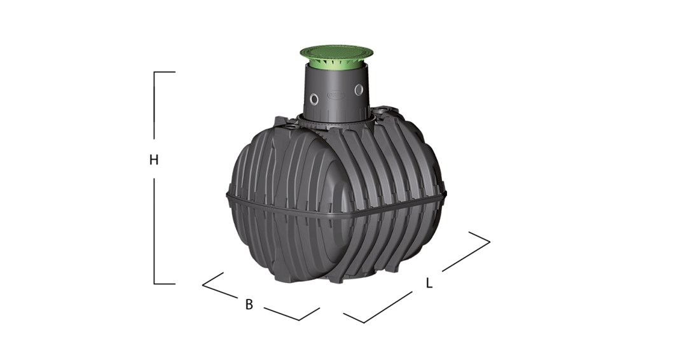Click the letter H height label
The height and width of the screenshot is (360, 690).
[x=153, y=160]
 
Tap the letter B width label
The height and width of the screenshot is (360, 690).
[x=249, y=304]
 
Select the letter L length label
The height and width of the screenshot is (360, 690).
[x=429, y=283]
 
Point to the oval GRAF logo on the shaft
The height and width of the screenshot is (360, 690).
[x=335, y=95]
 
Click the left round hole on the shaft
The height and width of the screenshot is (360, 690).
[x=314, y=99]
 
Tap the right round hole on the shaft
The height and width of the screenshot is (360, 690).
[x=359, y=90]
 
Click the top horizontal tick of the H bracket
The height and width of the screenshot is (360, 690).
[x=165, y=72]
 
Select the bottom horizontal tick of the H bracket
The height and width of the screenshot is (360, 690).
[x=165, y=284]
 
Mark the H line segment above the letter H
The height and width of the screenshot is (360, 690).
[x=154, y=105]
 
